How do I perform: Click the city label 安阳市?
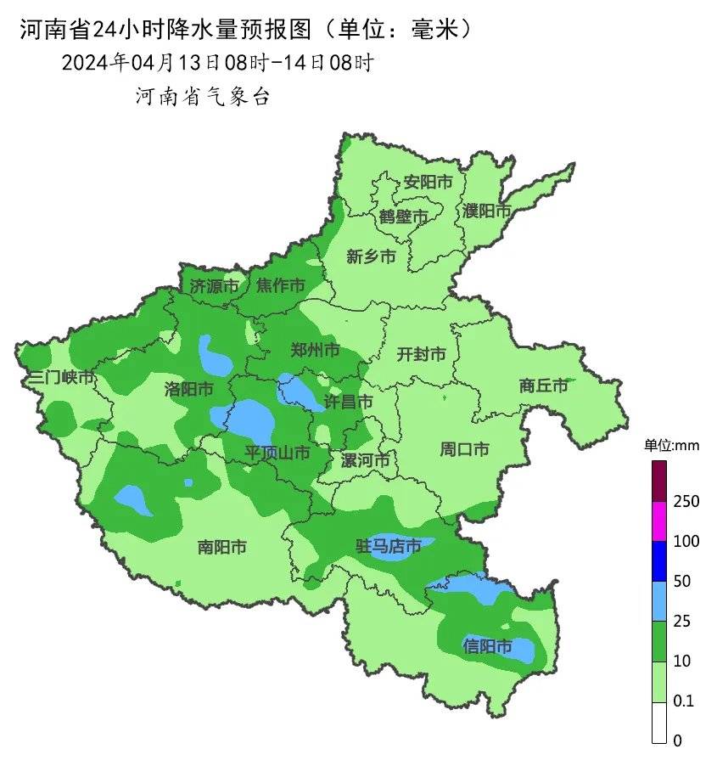click(428, 182)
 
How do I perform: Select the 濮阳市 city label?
click(487, 211)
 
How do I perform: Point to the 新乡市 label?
click(371, 256)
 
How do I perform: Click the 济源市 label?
click(214, 286)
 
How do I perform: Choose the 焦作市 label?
click(281, 286)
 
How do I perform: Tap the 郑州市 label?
click(315, 350)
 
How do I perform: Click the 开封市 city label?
click(421, 354)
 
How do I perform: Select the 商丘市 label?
click(543, 386)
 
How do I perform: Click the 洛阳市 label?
click(188, 389)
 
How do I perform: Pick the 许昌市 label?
click(349, 401)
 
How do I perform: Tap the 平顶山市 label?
click(277, 453)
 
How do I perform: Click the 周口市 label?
click(464, 449)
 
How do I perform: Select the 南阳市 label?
click(221, 548)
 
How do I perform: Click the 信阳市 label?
click(488, 646)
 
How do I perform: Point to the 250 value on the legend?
click(686, 502)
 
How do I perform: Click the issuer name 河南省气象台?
click(202, 97)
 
